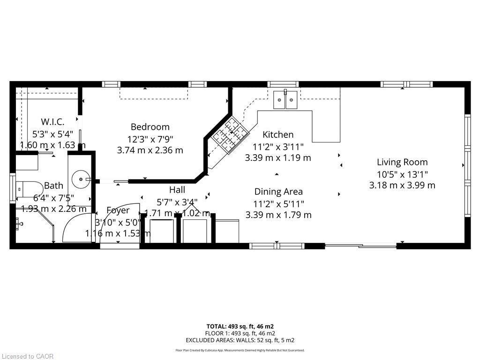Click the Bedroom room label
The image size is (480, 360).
click(150, 127)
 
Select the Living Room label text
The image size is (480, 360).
click(402, 162)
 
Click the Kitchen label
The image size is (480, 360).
click(278, 135)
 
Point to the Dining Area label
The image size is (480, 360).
click(278, 192)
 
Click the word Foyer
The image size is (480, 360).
click(118, 210)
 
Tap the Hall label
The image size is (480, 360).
click(177, 190)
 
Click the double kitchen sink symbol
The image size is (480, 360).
click(285, 99)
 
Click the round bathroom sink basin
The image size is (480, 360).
click(81, 179)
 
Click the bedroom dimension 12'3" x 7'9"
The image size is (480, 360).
click(150, 139)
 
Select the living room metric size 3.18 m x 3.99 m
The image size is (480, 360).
click(402, 185)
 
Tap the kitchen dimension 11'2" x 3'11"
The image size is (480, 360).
click(278, 146)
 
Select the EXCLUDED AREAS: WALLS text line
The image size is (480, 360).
click(240, 340)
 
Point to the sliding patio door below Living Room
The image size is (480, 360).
click(360, 246)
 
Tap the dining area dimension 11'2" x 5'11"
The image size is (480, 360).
click(278, 203)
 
